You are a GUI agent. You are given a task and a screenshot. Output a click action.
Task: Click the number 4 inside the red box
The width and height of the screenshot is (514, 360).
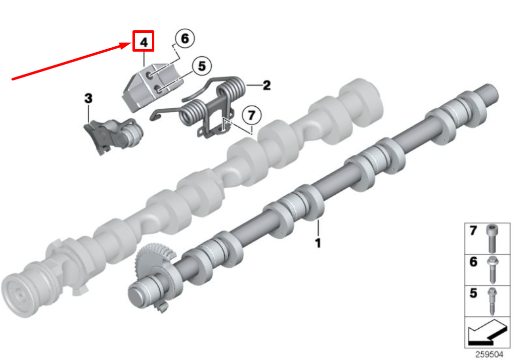[143, 42]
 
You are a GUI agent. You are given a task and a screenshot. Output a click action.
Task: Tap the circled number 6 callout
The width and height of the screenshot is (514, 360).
[185, 39]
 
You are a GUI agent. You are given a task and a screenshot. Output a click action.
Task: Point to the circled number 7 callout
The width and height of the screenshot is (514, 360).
[251, 116]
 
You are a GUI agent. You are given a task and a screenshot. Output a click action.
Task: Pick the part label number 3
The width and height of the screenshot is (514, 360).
[88, 98]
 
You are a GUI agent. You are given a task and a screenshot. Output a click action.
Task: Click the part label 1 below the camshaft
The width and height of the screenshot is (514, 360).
[318, 243]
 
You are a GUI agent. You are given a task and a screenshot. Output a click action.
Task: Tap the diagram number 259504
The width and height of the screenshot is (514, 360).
[488, 355]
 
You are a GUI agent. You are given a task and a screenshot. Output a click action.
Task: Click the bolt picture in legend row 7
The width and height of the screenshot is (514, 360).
[491, 239]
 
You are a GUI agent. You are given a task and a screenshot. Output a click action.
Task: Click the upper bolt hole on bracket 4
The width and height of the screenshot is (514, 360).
[150, 75]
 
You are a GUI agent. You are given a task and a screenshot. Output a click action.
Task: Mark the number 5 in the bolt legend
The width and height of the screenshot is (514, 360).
[473, 293]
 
